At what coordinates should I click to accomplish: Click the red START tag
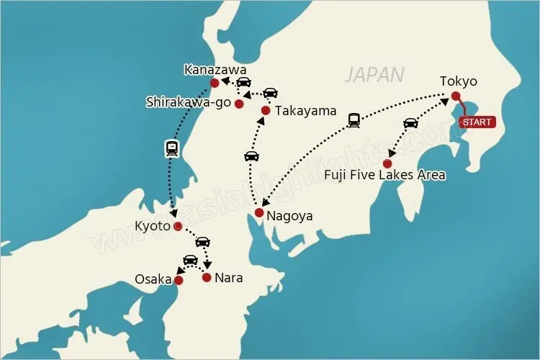(477, 122)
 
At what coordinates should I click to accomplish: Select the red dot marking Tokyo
(456, 95)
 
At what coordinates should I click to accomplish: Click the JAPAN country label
(374, 74)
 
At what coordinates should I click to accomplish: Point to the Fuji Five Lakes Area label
(384, 175)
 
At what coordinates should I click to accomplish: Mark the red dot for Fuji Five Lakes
(387, 163)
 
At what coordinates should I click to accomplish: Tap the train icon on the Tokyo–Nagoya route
(354, 120)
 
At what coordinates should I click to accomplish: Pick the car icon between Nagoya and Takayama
(251, 156)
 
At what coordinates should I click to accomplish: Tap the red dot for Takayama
(266, 111)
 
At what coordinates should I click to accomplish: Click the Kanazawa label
(215, 70)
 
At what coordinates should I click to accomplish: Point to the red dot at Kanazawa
(214, 84)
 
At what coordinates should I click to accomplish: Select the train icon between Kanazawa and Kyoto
(172, 148)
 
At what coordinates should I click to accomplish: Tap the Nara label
(229, 278)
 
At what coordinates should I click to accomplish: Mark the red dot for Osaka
(179, 280)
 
